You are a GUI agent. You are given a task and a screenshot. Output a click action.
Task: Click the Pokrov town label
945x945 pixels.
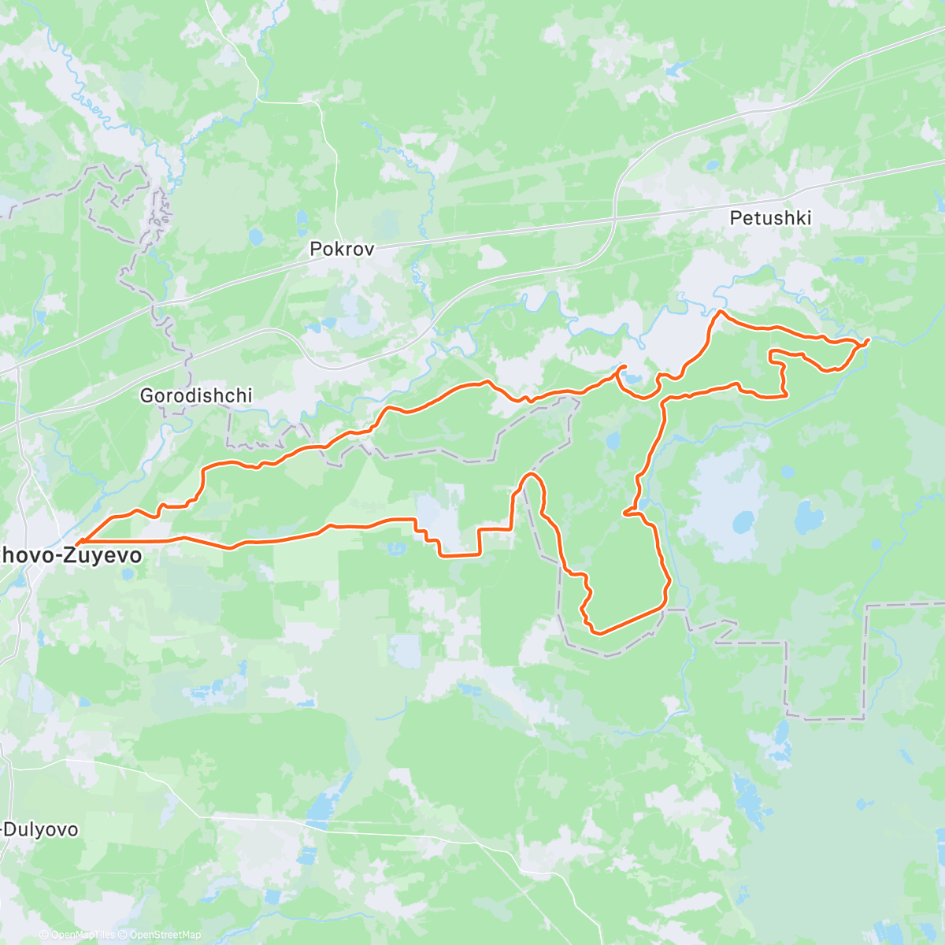[x=342, y=249]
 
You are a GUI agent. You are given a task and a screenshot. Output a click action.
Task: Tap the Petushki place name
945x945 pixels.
[x=770, y=218]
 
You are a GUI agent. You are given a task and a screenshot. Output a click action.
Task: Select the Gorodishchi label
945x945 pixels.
[x=196, y=395]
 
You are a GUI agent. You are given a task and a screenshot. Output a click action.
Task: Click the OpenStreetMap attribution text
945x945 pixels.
[x=165, y=935]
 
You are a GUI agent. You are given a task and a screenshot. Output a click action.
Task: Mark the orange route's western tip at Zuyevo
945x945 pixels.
[x=77, y=542]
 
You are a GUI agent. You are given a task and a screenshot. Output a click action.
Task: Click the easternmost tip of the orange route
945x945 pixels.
[x=868, y=340]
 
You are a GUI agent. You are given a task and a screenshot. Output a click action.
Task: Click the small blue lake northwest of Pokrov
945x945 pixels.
[x=254, y=235]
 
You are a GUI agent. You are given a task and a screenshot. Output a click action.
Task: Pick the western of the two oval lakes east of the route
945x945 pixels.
[x=743, y=521]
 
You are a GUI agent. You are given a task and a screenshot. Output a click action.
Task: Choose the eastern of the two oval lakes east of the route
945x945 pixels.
[x=806, y=519]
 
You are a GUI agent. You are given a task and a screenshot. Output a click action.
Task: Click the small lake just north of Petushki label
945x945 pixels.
[x=711, y=166]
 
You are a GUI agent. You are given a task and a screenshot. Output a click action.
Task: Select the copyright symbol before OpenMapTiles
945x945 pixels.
[x=44, y=935]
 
